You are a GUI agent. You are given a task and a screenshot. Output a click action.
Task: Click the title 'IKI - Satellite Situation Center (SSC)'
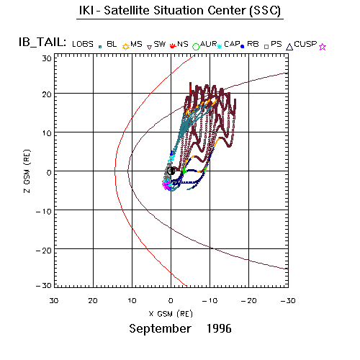click(x=180, y=11)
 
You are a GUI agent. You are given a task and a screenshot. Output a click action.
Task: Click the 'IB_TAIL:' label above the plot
click(x=42, y=42)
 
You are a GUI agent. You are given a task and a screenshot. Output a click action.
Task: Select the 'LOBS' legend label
click(x=83, y=44)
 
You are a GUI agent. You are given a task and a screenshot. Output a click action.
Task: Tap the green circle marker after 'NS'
click(x=196, y=47)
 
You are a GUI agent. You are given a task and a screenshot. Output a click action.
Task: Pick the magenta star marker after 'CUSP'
click(x=323, y=47)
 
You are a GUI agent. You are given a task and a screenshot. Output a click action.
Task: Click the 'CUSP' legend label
click(x=305, y=44)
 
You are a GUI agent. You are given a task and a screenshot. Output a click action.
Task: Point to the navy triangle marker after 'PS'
click(x=289, y=47)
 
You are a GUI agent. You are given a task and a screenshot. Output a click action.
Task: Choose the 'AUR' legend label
click(x=209, y=44)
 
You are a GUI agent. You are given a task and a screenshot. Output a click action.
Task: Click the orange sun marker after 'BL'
click(x=125, y=47)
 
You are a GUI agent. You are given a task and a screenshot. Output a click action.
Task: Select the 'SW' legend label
click(x=160, y=44)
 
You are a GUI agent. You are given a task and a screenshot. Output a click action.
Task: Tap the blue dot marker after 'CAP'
click(x=243, y=47)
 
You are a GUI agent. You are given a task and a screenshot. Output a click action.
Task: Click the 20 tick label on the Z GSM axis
click(x=47, y=94)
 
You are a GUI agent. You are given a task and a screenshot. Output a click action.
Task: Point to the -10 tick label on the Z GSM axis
click(x=44, y=212)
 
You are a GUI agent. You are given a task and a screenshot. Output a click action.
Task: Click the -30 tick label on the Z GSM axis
click(x=44, y=286)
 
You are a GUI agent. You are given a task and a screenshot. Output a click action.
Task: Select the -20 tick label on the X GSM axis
click(x=248, y=301)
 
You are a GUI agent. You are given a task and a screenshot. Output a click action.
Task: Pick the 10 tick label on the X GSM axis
click(x=132, y=301)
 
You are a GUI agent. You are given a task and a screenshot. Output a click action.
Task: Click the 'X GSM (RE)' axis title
click(x=171, y=314)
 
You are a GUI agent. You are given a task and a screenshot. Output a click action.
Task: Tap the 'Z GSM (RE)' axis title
click(x=27, y=171)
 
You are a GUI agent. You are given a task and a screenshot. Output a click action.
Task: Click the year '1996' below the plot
click(x=219, y=328)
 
